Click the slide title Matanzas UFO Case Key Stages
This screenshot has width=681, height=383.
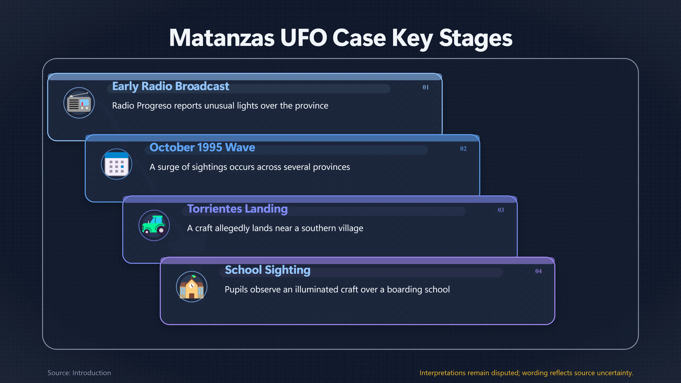(x=340, y=38)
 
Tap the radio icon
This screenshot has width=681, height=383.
(x=79, y=103)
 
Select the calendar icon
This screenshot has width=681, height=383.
(x=117, y=164)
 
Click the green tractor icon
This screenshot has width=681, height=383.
(x=154, y=225)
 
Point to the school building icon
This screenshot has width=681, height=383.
(x=192, y=287)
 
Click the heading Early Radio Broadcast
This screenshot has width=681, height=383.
(x=170, y=86)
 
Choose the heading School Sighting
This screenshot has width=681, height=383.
(x=268, y=270)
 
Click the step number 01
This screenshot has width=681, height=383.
(x=426, y=87)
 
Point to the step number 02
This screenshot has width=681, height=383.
(x=463, y=149)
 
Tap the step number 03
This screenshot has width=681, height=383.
(x=501, y=210)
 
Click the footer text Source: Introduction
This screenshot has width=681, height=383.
(x=79, y=373)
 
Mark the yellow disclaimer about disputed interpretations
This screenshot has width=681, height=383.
(x=526, y=373)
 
